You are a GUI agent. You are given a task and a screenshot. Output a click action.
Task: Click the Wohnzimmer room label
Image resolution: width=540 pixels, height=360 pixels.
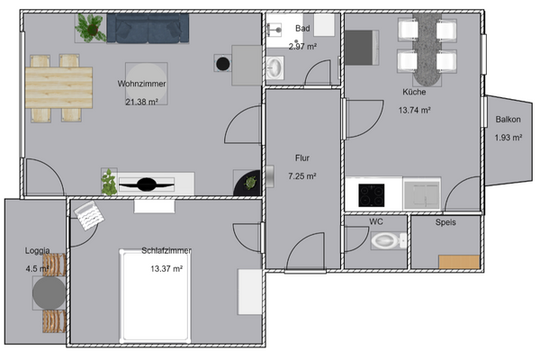[141, 84]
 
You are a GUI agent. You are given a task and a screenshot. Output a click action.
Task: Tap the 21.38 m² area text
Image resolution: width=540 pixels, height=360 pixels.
[141, 102]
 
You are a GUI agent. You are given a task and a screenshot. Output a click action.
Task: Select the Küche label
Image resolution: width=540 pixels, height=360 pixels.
[414, 92]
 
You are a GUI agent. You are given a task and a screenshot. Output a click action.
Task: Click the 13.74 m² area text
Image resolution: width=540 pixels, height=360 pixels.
[414, 110]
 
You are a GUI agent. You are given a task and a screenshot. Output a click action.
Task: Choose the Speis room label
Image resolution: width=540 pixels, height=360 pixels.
[445, 221]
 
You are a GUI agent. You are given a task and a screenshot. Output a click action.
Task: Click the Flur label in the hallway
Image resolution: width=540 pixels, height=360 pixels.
[301, 157]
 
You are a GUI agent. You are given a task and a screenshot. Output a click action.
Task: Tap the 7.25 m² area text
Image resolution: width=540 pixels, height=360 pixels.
[301, 176]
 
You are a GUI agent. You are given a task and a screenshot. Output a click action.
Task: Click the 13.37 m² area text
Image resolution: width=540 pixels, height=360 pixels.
[166, 268]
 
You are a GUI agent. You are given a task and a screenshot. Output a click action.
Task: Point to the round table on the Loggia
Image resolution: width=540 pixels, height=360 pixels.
[49, 292]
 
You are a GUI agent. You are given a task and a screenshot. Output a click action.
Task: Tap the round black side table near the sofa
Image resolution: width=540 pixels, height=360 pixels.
[221, 63]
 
